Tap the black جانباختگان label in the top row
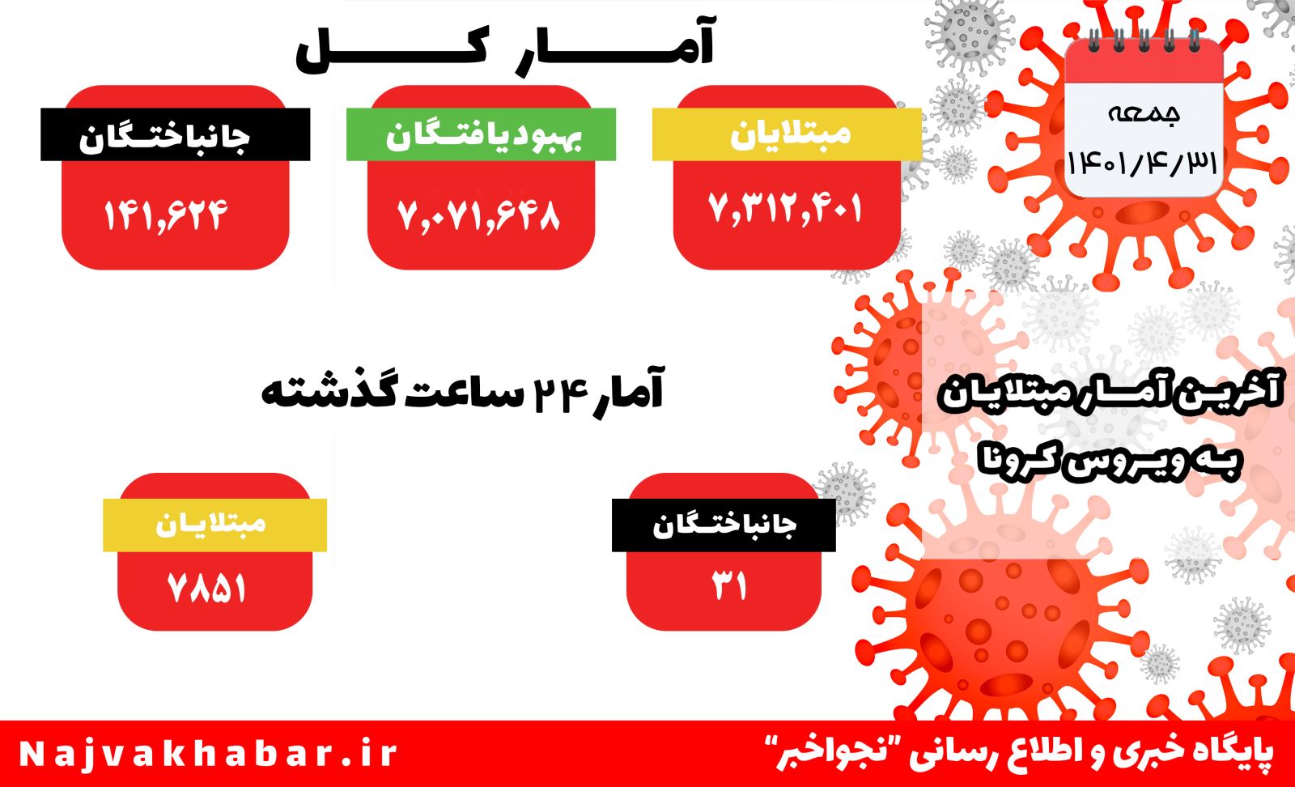point(175,134)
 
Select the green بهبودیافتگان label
point(481,134)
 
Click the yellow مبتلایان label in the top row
point(787,134)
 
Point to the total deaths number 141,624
point(165,215)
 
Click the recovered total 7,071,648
point(479,215)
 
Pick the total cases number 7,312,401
point(785,208)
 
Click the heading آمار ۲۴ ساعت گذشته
point(462,391)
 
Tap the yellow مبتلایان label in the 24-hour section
point(215,525)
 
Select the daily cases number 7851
point(207,589)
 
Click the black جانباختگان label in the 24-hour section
point(724,525)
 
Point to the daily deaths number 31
point(729,585)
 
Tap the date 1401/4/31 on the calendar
point(1142,164)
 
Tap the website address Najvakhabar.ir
point(208,754)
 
